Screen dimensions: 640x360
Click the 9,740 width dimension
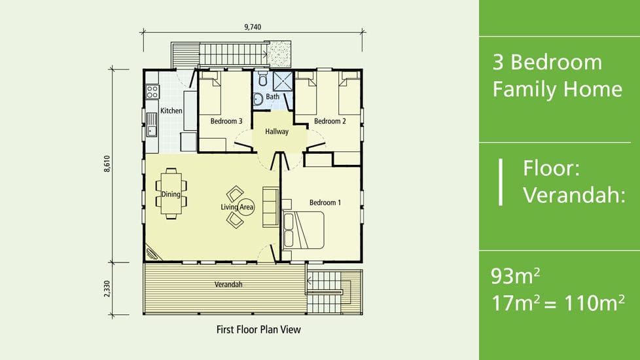click(x=253, y=27)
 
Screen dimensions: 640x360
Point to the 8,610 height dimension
click(x=107, y=164)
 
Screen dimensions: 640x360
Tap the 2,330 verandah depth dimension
click(x=107, y=289)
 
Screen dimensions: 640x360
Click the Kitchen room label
click(x=171, y=111)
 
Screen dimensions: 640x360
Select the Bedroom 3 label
click(x=226, y=121)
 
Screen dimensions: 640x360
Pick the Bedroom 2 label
click(x=330, y=121)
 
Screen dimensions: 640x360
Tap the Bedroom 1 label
click(x=325, y=202)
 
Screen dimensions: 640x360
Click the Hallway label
click(x=277, y=132)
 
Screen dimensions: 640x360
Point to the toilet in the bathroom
click(x=263, y=79)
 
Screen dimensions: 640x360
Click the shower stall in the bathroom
click(x=283, y=81)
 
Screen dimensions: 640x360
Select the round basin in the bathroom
click(x=258, y=99)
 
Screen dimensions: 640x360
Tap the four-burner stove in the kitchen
click(x=152, y=92)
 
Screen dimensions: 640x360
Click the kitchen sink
click(x=152, y=124)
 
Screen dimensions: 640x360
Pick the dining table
click(x=171, y=194)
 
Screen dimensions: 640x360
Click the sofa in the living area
click(x=271, y=207)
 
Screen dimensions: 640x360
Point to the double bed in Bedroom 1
click(x=304, y=230)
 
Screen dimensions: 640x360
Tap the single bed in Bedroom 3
click(x=211, y=93)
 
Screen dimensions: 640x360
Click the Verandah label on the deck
click(x=228, y=285)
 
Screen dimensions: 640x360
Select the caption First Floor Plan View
click(x=258, y=329)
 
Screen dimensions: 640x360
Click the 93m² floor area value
click(x=516, y=276)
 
